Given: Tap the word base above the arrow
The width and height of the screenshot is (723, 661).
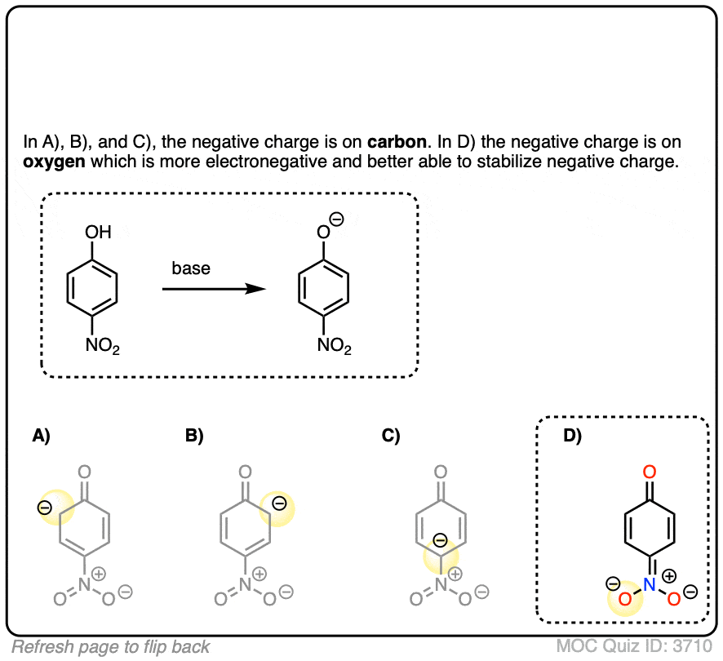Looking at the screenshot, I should (191, 268).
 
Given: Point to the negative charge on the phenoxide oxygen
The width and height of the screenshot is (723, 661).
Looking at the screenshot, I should (337, 220).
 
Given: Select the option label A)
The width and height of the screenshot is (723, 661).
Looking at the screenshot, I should (41, 437).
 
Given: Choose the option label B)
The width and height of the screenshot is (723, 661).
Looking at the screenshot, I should (194, 437).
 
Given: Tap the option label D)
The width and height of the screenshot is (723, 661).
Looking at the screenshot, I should (573, 437).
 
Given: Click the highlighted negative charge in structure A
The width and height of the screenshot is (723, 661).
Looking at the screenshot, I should (45, 508).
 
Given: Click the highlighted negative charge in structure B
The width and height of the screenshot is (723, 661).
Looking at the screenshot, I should (278, 504).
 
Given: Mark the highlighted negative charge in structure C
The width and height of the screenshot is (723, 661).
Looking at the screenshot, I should (439, 540).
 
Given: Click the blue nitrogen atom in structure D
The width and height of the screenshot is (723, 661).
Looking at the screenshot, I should (650, 584).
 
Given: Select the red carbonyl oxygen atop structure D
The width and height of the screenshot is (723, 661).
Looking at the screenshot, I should (650, 472).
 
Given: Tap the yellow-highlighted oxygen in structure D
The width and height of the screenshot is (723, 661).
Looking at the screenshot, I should (624, 601).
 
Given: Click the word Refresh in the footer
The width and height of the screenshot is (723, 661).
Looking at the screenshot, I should (40, 647).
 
